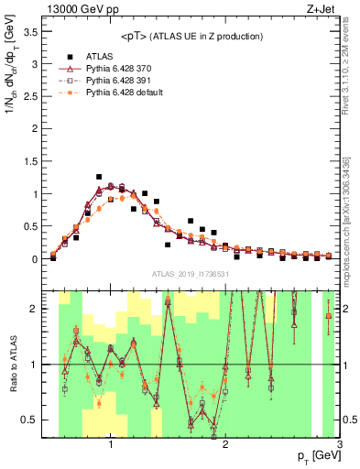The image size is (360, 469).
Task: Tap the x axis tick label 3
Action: pyautogui.click(x=339, y=446)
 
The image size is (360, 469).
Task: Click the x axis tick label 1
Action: pyautogui.click(x=110, y=446)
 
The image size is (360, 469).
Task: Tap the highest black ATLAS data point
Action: pyautogui.click(x=99, y=177)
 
